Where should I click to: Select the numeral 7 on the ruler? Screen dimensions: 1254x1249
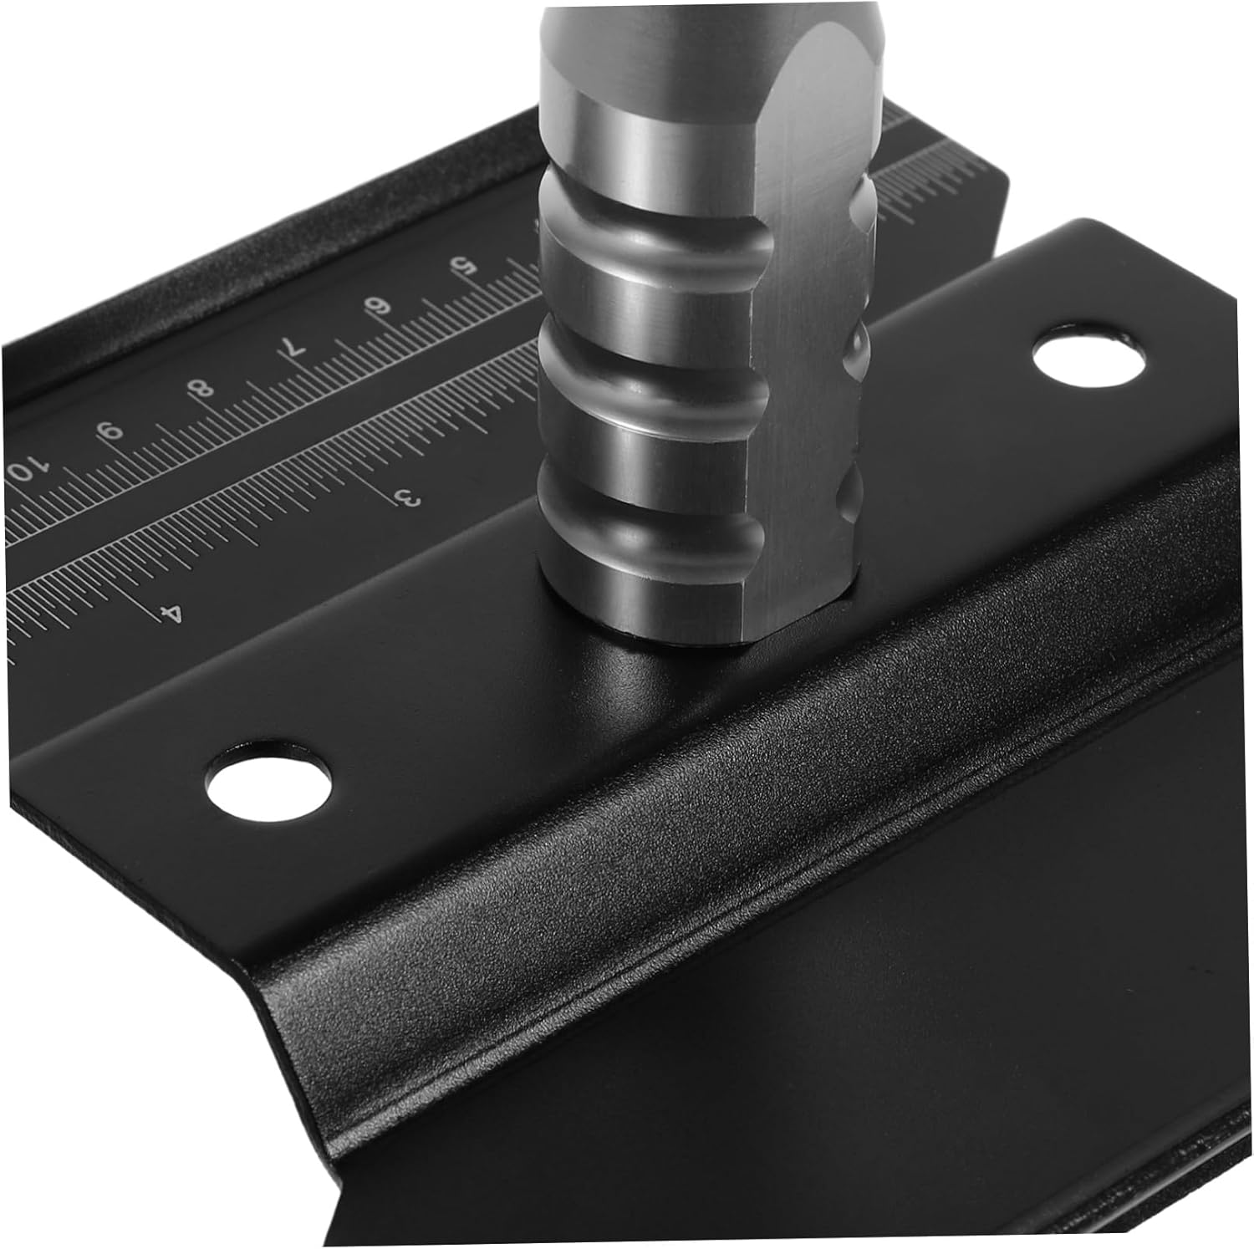(293, 349)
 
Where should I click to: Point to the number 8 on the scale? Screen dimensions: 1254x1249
(203, 390)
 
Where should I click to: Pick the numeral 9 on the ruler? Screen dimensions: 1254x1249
(110, 431)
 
